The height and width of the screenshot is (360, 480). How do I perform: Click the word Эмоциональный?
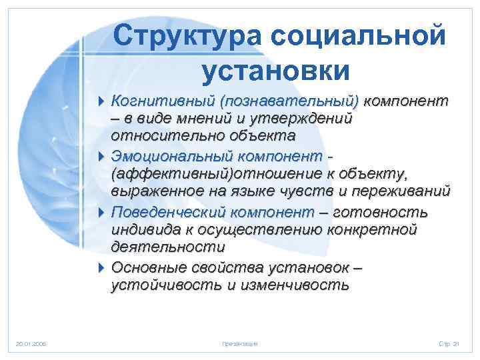tap(169, 156)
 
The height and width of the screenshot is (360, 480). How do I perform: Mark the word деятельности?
tap(168, 247)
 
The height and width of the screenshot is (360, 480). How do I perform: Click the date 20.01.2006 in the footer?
tap(31, 344)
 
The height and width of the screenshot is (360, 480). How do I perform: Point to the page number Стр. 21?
tap(449, 344)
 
